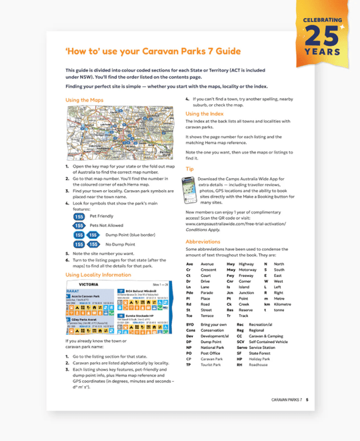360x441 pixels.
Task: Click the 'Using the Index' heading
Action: (205, 114)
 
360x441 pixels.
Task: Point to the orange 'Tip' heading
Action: (189, 169)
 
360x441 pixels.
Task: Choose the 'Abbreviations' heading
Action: (203, 242)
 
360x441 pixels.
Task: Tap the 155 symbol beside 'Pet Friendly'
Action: (79, 216)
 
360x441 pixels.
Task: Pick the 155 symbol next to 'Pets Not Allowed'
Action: (79, 226)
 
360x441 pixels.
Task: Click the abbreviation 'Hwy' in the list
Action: (231, 264)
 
